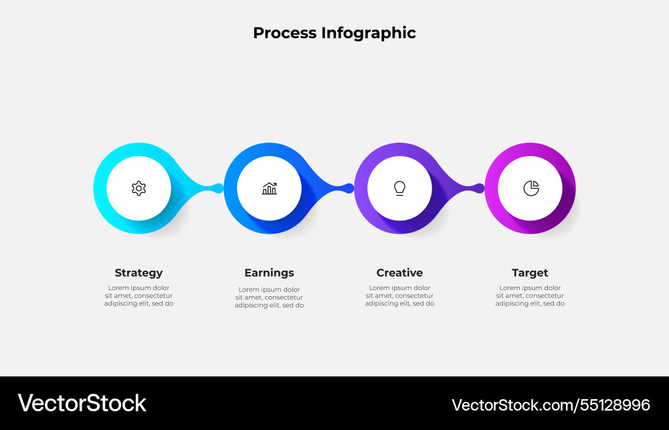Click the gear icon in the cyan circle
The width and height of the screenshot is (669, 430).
[x=138, y=188]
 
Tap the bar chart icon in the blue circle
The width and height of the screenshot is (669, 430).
[x=269, y=188]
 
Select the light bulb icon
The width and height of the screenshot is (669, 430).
[x=399, y=188]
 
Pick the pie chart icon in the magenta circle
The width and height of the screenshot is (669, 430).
[x=531, y=188]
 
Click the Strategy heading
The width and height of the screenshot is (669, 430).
[x=138, y=273]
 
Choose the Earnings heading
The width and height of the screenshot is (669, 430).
[x=269, y=273]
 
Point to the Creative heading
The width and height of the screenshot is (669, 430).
[x=399, y=273]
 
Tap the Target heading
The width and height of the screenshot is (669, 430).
[x=530, y=273]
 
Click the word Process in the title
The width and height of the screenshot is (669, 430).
[x=284, y=33]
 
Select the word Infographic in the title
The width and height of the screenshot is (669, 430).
[x=369, y=33]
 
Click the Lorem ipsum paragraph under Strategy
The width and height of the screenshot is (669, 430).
[x=138, y=295]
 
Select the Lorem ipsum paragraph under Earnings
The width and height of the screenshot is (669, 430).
[x=269, y=297]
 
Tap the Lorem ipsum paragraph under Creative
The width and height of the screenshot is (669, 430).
[x=399, y=295]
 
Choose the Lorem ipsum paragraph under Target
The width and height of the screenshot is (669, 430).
[x=530, y=295]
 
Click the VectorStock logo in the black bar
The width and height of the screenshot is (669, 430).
[x=82, y=403]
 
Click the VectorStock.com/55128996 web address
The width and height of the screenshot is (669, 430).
[x=551, y=405]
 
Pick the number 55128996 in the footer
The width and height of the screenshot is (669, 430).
[x=615, y=405]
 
